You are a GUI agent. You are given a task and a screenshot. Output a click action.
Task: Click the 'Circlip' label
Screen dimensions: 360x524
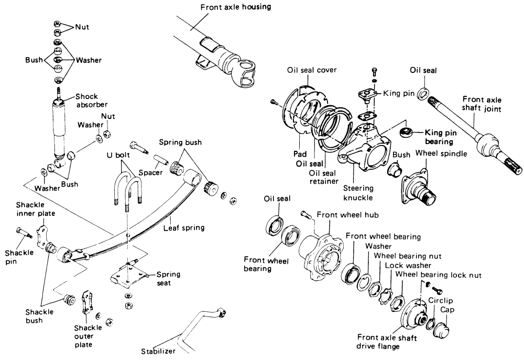point(441,301)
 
